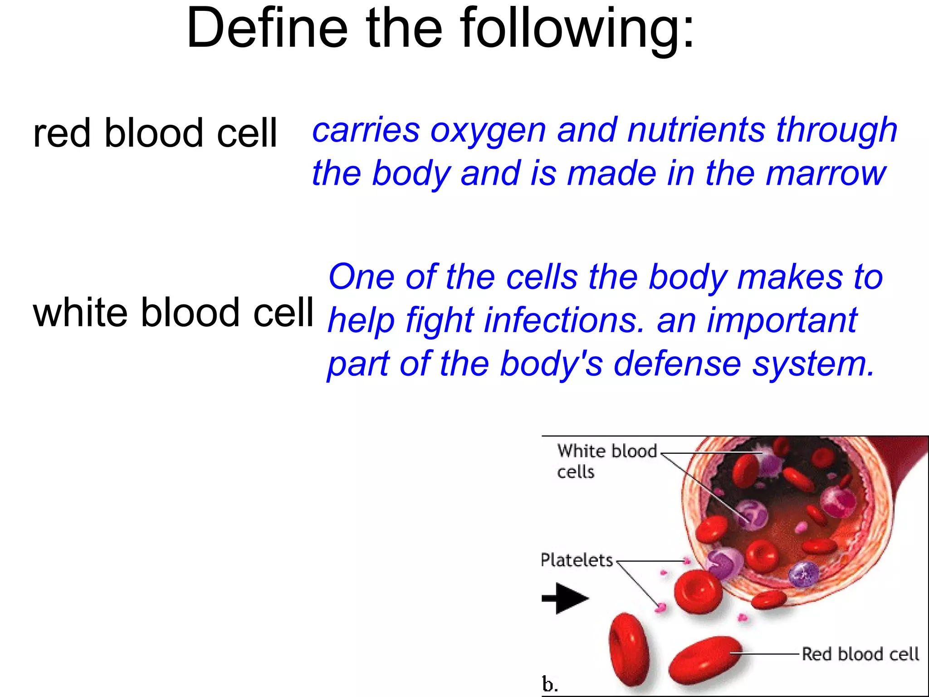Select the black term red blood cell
point(155,133)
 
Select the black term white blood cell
point(173,313)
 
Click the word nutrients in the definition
point(696,130)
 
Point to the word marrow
point(825,173)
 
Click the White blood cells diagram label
point(606,461)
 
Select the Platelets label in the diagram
point(577,560)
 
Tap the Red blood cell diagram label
point(860,654)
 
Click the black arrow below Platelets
point(565,599)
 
